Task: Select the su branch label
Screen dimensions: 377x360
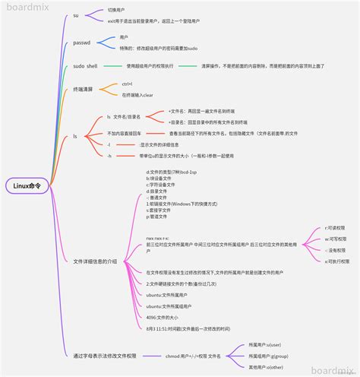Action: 76,15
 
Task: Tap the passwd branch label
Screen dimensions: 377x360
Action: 82,44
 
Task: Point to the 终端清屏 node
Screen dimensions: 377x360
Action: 85,89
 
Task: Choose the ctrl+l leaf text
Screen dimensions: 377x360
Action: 127,84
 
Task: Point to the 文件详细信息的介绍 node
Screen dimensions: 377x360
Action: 95,239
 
